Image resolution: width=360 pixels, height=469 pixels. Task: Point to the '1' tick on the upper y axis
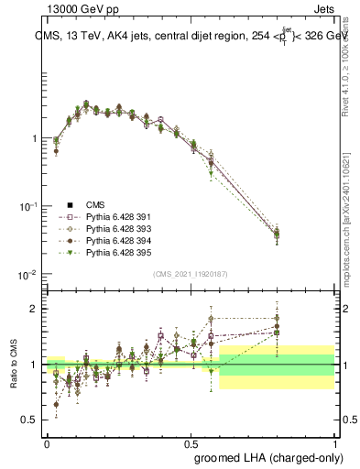coord(34,138)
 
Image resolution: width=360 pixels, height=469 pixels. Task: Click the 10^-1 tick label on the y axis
coord(29,207)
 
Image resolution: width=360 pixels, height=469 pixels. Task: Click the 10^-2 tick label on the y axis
coord(29,275)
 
